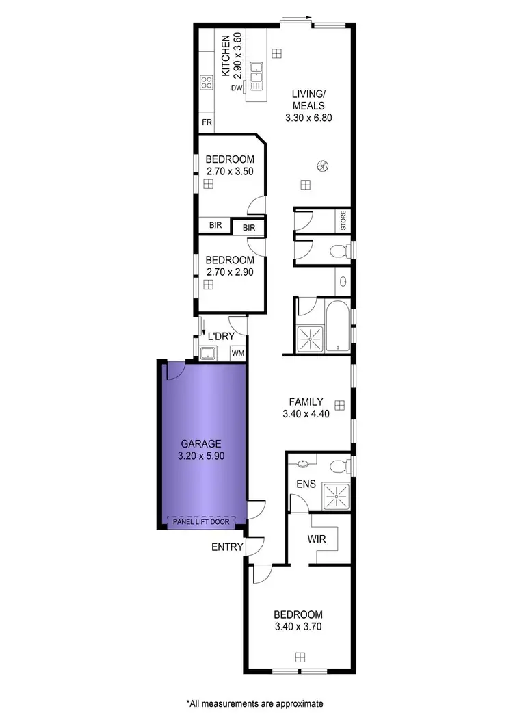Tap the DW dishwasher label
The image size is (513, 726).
[236, 88]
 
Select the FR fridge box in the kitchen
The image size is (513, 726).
[206, 122]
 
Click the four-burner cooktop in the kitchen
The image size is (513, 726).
[206, 83]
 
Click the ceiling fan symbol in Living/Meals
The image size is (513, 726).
[322, 165]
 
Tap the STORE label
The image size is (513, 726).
[344, 220]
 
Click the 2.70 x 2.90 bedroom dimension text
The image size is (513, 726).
[230, 272]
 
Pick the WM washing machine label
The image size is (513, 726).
[238, 353]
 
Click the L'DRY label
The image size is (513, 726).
[220, 336]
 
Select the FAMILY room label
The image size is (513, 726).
[306, 402]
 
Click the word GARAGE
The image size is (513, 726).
[200, 443]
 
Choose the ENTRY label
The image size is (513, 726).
[226, 547]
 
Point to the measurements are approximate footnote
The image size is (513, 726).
[254, 703]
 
